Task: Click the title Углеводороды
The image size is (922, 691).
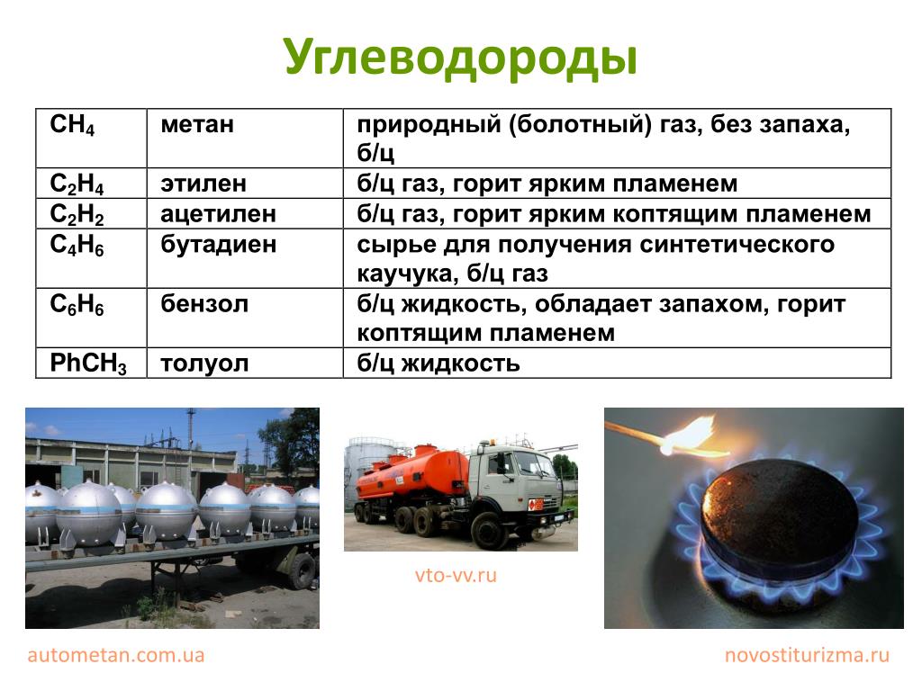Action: point(460,57)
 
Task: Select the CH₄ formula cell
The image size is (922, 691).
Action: point(91,138)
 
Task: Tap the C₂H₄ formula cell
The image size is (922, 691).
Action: point(91,184)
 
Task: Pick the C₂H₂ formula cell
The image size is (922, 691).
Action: point(91,214)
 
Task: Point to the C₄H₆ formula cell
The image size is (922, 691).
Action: point(91,258)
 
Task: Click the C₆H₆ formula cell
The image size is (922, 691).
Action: point(91,318)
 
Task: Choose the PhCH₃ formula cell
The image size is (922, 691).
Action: point(91,363)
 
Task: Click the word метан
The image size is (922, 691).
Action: point(197,124)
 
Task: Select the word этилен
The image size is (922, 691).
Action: point(203,184)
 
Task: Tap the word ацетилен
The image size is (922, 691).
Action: point(218,214)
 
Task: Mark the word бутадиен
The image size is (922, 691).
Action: point(218,244)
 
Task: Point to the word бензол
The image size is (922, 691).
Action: point(204,304)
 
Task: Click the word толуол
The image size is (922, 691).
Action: point(204,363)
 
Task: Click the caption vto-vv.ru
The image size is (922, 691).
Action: point(456,575)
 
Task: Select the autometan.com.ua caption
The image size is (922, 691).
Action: point(116,655)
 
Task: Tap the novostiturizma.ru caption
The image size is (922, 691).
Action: point(807,655)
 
